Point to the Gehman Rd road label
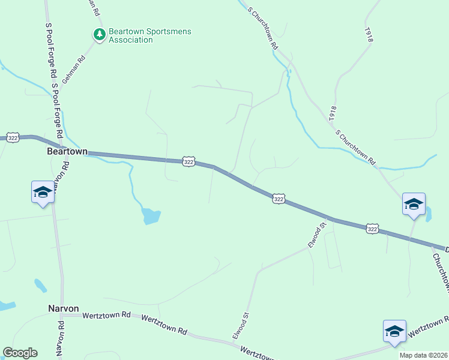(74, 68)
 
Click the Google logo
(20, 353)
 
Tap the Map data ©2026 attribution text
(424, 355)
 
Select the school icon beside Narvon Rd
(43, 192)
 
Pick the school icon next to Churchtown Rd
(414, 203)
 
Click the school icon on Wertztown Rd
(394, 331)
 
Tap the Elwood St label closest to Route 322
(316, 235)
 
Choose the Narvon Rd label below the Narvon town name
(61, 339)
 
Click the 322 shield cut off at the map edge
(13, 138)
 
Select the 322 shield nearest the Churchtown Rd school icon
(372, 229)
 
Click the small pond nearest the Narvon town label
(40, 285)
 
